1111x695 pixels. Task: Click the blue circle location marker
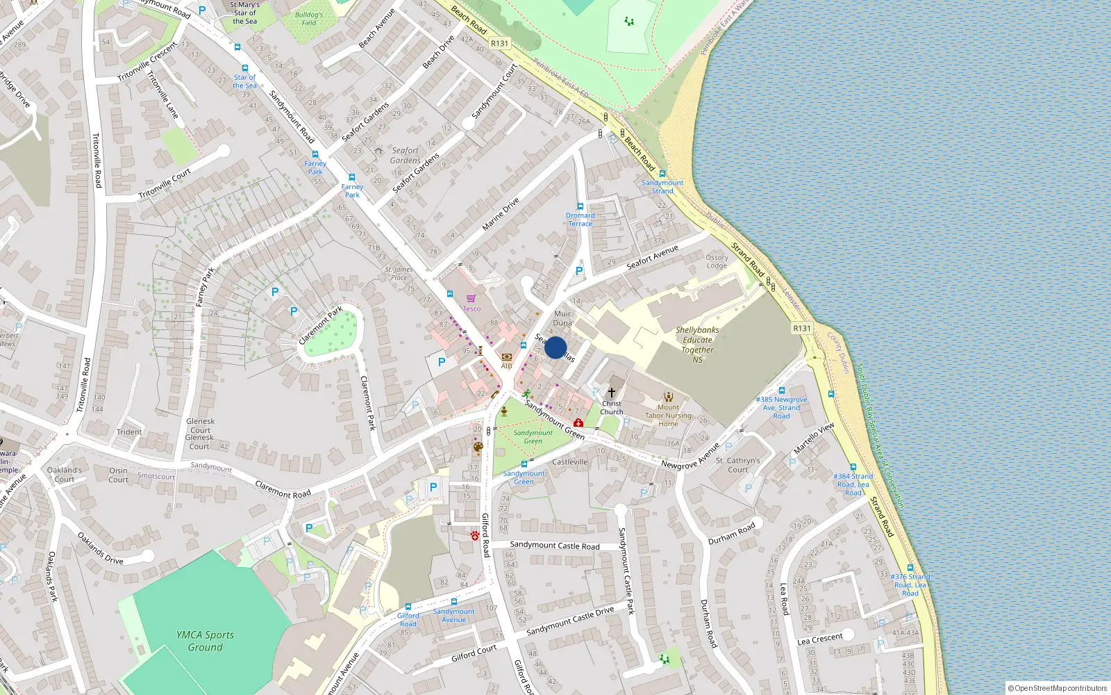[x=555, y=347]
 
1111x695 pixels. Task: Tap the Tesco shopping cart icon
[x=471, y=299]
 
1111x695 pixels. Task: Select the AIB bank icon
[x=506, y=357]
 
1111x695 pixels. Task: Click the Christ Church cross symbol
[x=611, y=393]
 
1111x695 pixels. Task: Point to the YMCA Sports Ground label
[x=205, y=641]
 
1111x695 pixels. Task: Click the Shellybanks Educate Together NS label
[x=697, y=344]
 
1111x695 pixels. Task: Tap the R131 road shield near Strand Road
[x=802, y=328]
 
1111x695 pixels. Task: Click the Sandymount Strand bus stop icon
[x=662, y=174]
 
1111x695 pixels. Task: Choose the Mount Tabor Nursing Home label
[x=668, y=416]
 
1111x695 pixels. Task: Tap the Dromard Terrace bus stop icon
[x=580, y=206]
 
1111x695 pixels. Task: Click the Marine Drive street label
[x=501, y=214]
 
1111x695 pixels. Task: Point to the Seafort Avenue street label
[x=652, y=258]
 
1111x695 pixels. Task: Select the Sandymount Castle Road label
[x=555, y=546]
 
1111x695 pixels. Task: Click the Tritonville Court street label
[x=165, y=184]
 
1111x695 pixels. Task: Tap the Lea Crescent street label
[x=820, y=639]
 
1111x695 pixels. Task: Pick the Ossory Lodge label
[x=717, y=261]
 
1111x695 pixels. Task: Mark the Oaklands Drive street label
[x=101, y=548]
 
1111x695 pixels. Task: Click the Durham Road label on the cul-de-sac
[x=731, y=534]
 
